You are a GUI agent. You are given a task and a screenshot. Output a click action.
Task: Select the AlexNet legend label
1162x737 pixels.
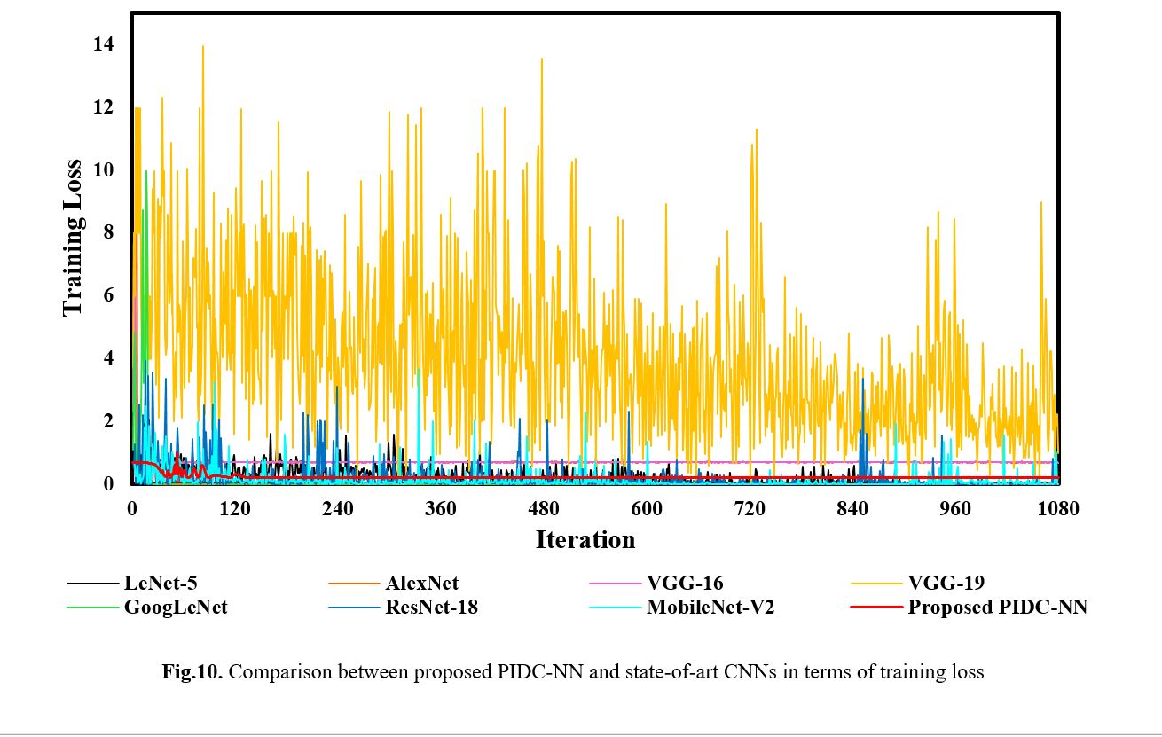pyautogui.click(x=421, y=584)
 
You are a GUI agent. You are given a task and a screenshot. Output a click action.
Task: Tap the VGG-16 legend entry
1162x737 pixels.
pyautogui.click(x=684, y=584)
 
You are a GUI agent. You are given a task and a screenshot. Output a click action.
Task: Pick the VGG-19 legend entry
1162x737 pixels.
pyautogui.click(x=945, y=584)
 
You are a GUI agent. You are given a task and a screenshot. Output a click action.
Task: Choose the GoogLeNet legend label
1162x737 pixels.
pyautogui.click(x=176, y=608)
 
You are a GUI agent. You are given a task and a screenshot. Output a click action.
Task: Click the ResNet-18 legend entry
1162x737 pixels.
pyautogui.click(x=431, y=608)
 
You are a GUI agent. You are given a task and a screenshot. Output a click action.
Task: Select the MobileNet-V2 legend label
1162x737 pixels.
pyautogui.click(x=710, y=608)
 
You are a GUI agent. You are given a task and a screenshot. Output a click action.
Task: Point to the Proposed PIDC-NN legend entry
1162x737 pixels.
pyautogui.click(x=997, y=608)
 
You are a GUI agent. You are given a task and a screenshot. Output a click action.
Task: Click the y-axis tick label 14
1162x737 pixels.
pyautogui.click(x=104, y=44)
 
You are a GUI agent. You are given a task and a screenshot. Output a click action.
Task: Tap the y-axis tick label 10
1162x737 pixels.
pyautogui.click(x=104, y=170)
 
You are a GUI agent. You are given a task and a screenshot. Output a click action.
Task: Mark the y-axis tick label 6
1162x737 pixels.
pyautogui.click(x=109, y=296)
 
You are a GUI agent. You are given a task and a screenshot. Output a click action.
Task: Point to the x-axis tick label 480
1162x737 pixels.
pyautogui.click(x=544, y=509)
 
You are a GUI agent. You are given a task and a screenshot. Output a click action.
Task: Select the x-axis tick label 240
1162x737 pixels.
pyautogui.click(x=338, y=509)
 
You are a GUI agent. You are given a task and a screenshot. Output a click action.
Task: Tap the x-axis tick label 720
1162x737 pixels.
pyautogui.click(x=750, y=509)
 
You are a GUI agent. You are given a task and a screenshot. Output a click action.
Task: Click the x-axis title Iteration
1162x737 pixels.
pyautogui.click(x=585, y=539)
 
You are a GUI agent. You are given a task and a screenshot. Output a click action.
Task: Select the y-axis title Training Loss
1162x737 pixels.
pyautogui.click(x=72, y=238)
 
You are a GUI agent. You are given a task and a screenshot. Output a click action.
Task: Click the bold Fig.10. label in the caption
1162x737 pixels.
pyautogui.click(x=192, y=672)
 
